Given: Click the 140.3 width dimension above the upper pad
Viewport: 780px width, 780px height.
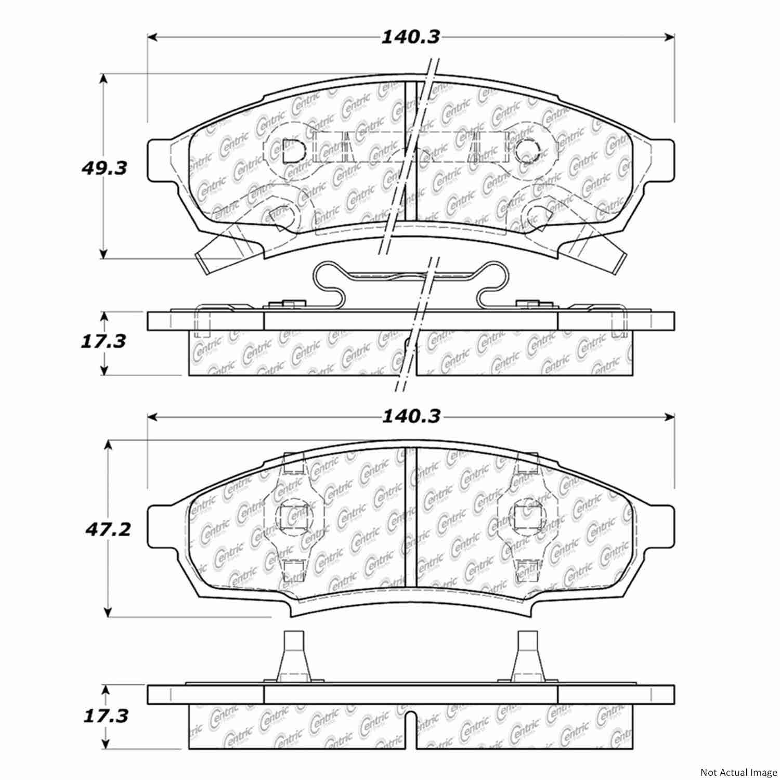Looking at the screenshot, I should pos(411,37).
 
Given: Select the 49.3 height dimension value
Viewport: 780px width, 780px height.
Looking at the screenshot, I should pos(104,168).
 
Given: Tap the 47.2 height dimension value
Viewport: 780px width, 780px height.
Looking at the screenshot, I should pos(107,530).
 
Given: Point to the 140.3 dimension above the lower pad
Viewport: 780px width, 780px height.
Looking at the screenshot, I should pos(411,416).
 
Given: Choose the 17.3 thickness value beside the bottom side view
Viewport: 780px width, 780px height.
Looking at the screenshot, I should pos(106,716).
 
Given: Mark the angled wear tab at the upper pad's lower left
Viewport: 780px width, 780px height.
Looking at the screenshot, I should pos(213,255).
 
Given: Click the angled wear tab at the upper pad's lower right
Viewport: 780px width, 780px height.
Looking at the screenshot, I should pos(608,255).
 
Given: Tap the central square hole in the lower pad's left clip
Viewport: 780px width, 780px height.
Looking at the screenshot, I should pos(289,517).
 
